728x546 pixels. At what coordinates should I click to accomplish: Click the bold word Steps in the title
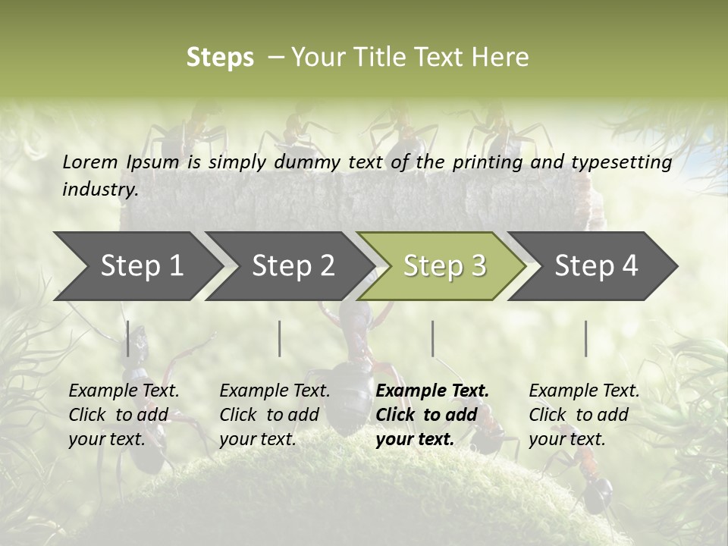(x=220, y=58)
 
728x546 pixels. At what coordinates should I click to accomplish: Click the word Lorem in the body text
(x=89, y=162)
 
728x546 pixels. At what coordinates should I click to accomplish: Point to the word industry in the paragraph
(x=99, y=190)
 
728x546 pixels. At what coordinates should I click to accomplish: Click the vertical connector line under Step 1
(x=128, y=338)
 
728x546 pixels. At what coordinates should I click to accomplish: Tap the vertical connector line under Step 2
(x=280, y=338)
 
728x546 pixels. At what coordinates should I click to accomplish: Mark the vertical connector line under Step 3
(x=433, y=338)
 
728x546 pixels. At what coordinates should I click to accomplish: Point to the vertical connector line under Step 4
(x=586, y=338)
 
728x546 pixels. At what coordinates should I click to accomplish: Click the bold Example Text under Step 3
(x=432, y=391)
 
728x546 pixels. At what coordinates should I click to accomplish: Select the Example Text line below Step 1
(x=124, y=391)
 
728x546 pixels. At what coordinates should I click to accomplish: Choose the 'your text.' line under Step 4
(x=566, y=439)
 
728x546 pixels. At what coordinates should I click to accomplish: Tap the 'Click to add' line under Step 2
(x=269, y=415)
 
